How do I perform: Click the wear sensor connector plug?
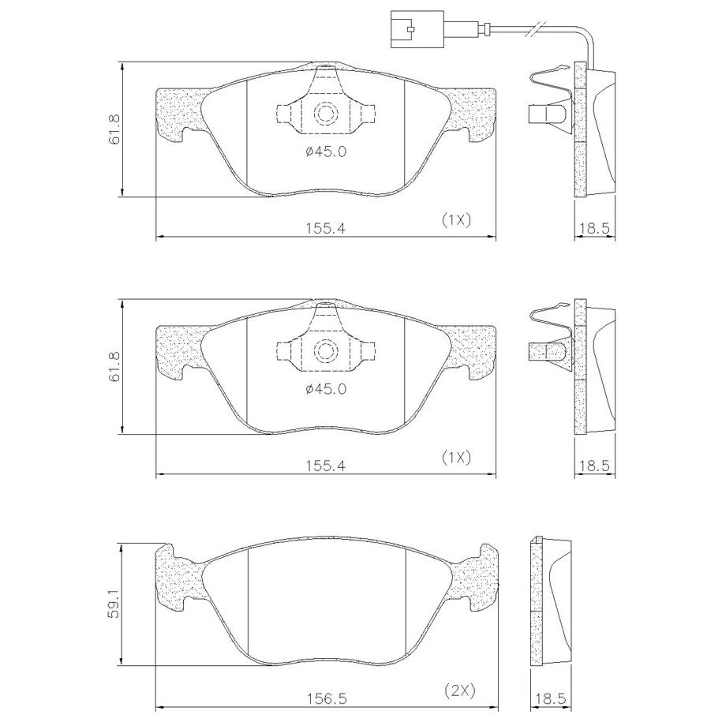click(417, 29)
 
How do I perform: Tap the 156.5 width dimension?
click(327, 698)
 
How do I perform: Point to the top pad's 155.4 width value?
click(326, 228)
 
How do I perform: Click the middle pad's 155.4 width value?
click(326, 466)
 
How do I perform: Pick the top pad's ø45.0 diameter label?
click(326, 152)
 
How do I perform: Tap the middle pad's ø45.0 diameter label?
click(326, 389)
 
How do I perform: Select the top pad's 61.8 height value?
click(114, 129)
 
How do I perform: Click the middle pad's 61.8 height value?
click(114, 367)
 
